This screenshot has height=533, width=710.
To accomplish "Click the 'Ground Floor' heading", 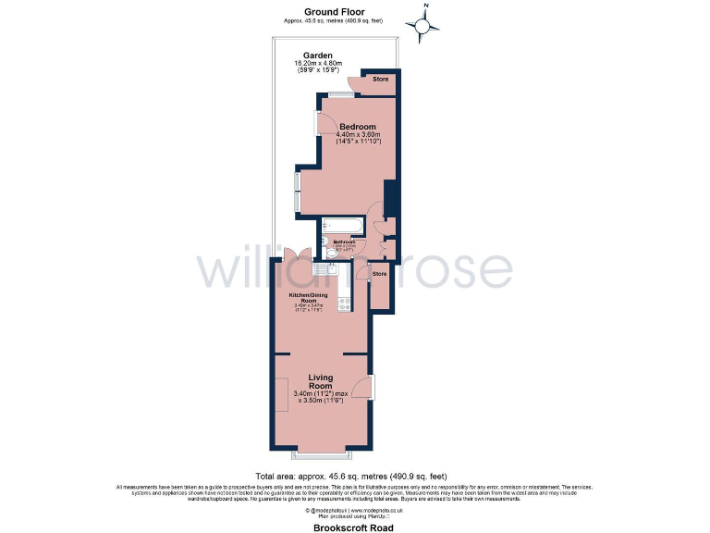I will [x=331, y=11].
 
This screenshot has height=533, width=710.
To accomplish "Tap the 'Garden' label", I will [x=318, y=56].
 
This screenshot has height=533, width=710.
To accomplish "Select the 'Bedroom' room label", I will [x=357, y=127].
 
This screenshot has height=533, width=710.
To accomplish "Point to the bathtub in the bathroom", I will [x=344, y=225].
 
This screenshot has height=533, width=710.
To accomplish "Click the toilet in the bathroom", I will [x=327, y=244].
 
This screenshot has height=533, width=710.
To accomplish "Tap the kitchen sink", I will [x=324, y=267].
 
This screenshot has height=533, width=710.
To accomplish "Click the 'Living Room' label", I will [x=321, y=381].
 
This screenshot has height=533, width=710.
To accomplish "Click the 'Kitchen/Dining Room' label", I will [x=309, y=297].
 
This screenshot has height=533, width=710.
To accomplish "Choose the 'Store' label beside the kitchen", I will [x=379, y=274].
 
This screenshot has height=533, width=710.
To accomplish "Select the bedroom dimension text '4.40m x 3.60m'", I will [x=358, y=136].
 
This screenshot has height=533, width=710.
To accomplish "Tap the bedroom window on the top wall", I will [x=340, y=93].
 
